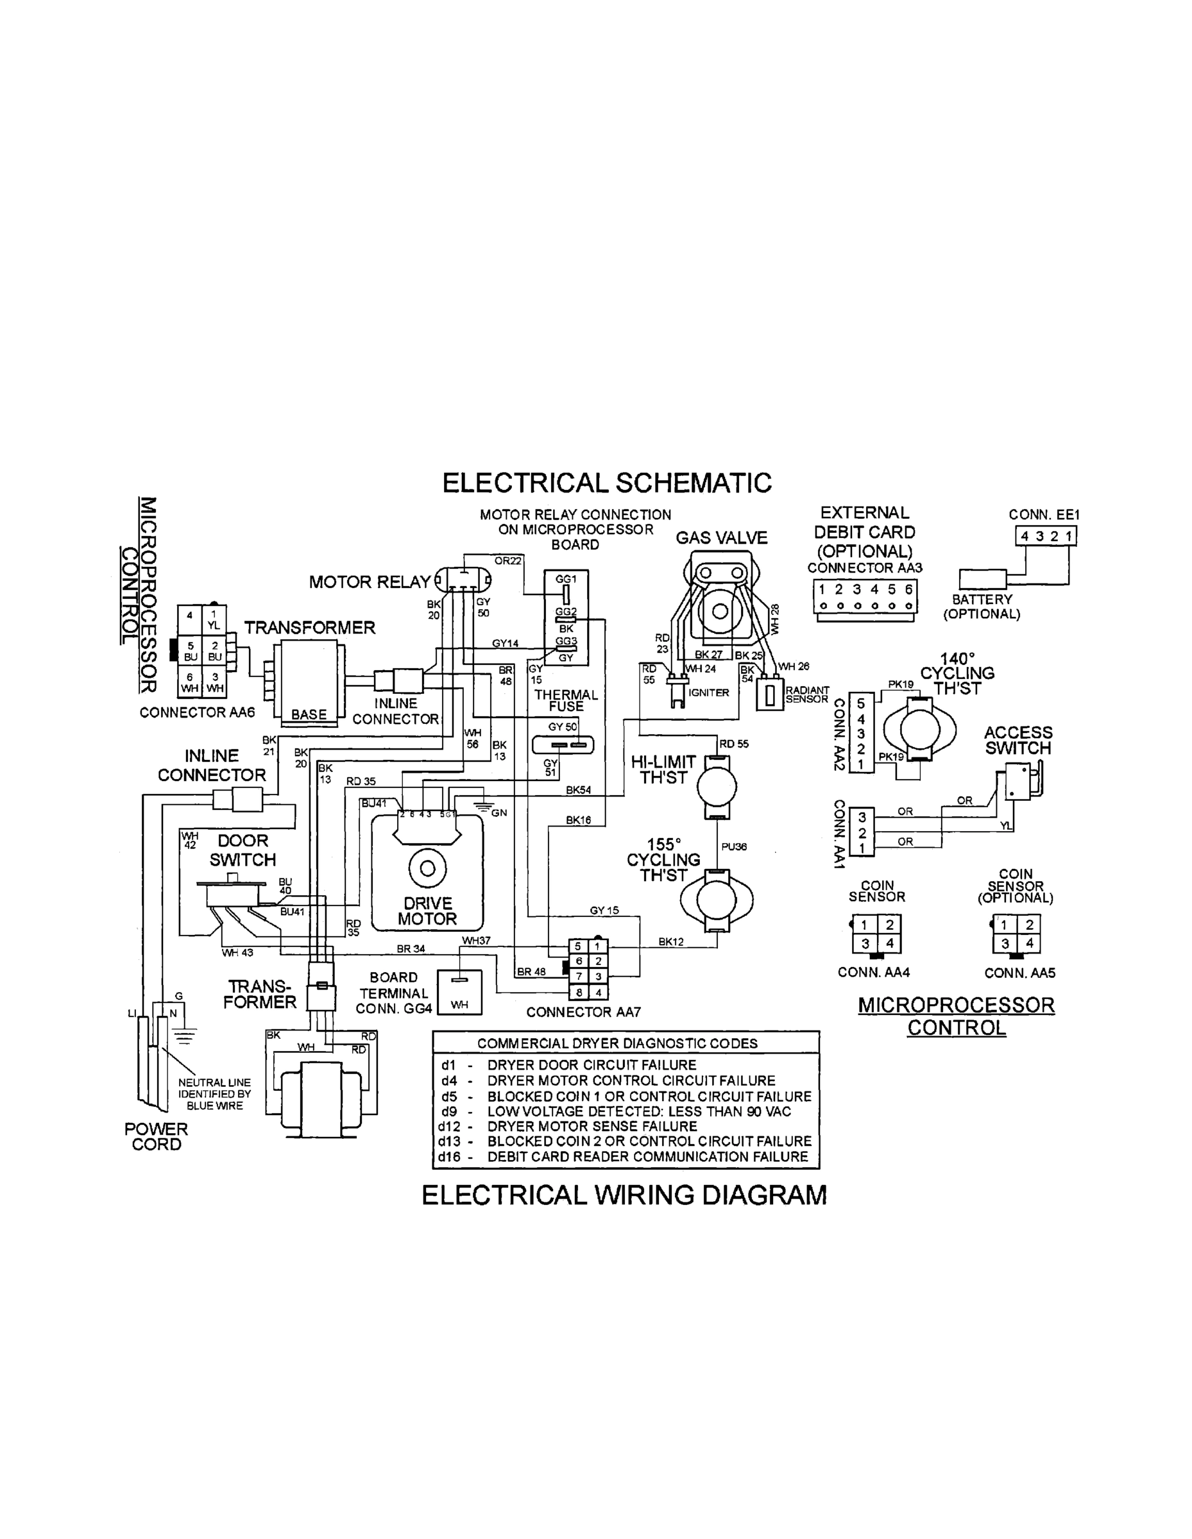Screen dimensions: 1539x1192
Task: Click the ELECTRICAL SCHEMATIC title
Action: click(606, 484)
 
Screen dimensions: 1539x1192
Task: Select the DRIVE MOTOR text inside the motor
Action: click(427, 911)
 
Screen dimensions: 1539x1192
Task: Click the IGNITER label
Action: click(708, 693)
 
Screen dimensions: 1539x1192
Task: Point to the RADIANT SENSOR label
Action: click(807, 695)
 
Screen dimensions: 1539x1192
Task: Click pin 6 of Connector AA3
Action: click(908, 590)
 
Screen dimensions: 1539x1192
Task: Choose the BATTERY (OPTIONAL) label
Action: click(982, 606)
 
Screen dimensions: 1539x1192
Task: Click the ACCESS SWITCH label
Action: click(1018, 741)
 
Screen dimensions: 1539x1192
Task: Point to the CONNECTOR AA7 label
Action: click(583, 1012)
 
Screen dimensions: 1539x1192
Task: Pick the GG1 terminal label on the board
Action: click(565, 579)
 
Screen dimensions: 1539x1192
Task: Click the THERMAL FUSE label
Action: click(565, 700)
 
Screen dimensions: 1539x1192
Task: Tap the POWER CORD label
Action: click(156, 1137)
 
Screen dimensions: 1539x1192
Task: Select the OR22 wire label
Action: click(507, 561)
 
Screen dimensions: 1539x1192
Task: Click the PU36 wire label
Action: click(734, 847)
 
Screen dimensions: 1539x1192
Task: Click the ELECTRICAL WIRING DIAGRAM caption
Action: click(624, 1195)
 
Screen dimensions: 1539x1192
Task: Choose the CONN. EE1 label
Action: click(1043, 515)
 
